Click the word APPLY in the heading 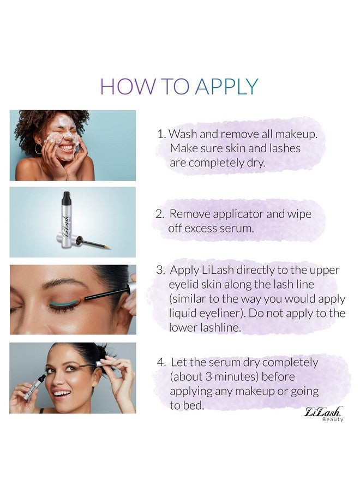tap(227, 87)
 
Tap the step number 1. tap(160, 134)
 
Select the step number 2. tap(159, 214)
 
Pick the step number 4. tap(161, 362)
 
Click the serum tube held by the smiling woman tap(34, 386)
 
